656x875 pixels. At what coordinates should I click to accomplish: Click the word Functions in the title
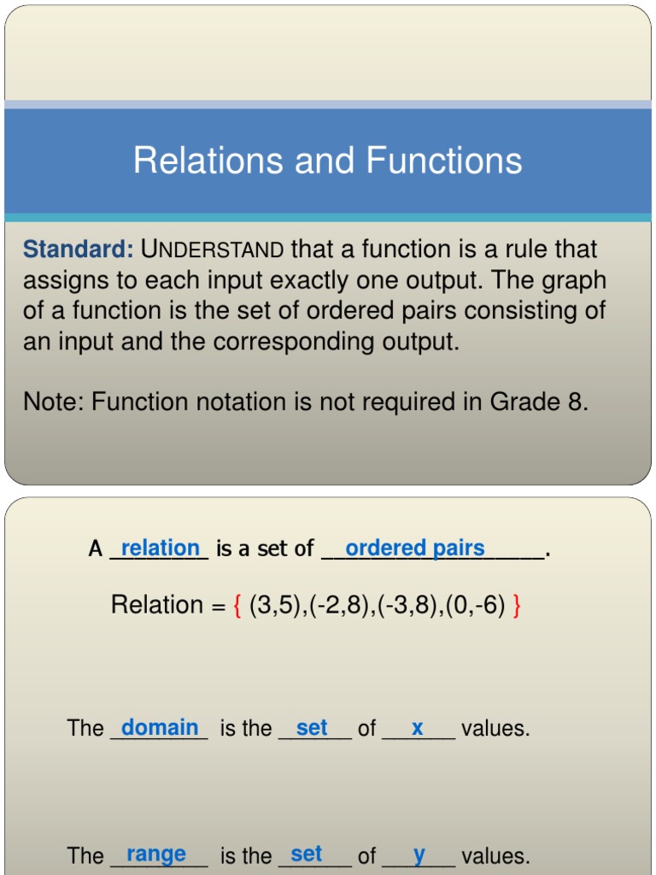tap(444, 161)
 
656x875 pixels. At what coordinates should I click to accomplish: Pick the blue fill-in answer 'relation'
tap(160, 549)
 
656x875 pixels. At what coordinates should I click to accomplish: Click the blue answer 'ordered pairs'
tap(414, 549)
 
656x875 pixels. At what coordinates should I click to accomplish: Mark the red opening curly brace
tap(237, 606)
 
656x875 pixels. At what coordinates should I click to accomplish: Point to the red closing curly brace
tap(517, 606)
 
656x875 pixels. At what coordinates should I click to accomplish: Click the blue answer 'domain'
tap(160, 728)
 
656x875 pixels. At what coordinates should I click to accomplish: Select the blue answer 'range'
tap(155, 854)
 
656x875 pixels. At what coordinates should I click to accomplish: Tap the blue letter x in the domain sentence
tap(417, 728)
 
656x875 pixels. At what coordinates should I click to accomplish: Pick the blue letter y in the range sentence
tap(419, 854)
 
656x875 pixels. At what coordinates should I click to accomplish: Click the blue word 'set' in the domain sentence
tap(312, 728)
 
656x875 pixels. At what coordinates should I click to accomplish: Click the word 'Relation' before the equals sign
tap(156, 606)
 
